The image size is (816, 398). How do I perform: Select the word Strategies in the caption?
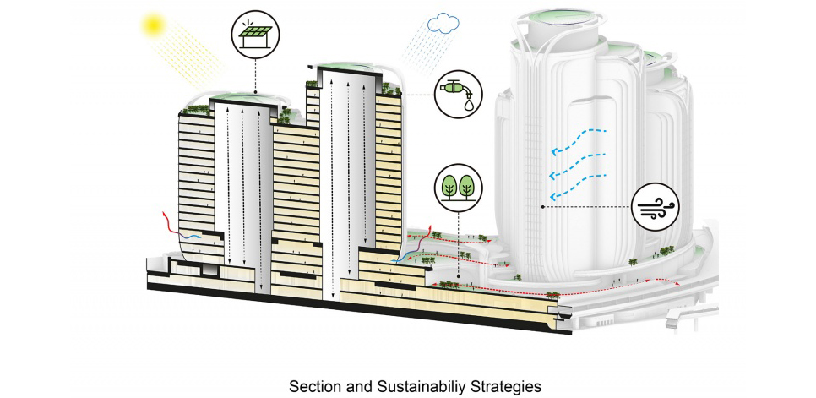(x=498, y=386)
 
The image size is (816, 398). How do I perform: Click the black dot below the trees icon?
(x=457, y=274)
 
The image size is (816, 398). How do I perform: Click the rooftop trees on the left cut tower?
(x=195, y=109)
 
